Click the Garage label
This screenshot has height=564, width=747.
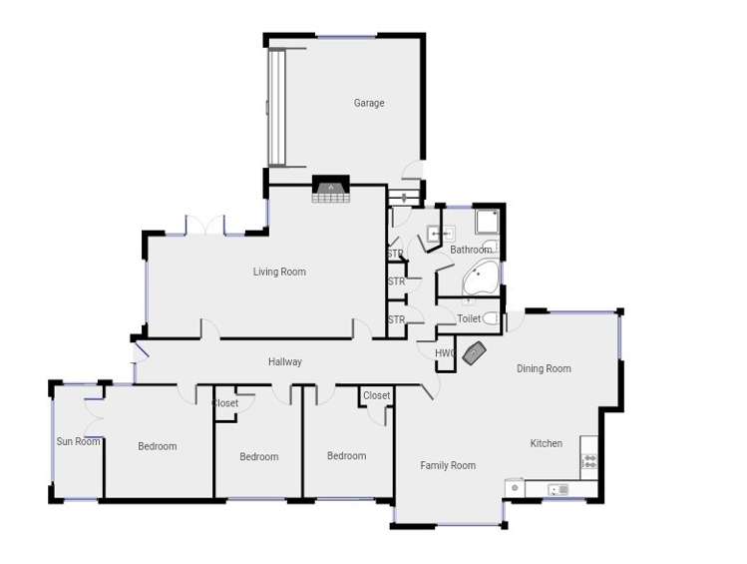pyautogui.click(x=368, y=103)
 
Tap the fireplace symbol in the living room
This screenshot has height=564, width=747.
pyautogui.click(x=330, y=190)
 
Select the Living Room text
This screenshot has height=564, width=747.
pyautogui.click(x=279, y=272)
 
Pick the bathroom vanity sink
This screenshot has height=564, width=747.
pyautogui.click(x=440, y=235)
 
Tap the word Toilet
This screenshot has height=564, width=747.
pyautogui.click(x=469, y=318)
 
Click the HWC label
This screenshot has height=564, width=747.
pyautogui.click(x=445, y=353)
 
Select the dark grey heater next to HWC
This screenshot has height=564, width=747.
pyautogui.click(x=475, y=352)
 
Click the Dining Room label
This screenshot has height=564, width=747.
pyautogui.click(x=544, y=368)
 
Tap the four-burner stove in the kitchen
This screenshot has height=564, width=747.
pyautogui.click(x=589, y=461)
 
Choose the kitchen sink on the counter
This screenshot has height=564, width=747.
pyautogui.click(x=558, y=489)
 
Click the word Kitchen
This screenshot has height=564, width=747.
pyautogui.click(x=546, y=443)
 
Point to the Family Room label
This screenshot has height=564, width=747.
pyautogui.click(x=448, y=465)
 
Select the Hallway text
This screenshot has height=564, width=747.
pyautogui.click(x=284, y=361)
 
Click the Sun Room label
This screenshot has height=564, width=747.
pyautogui.click(x=78, y=441)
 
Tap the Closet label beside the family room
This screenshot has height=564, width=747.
pyautogui.click(x=376, y=395)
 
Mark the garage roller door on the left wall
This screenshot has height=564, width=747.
pyautogui.click(x=276, y=108)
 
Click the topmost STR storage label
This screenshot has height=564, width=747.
pyautogui.click(x=395, y=255)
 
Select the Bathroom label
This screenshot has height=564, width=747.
pyautogui.click(x=471, y=250)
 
